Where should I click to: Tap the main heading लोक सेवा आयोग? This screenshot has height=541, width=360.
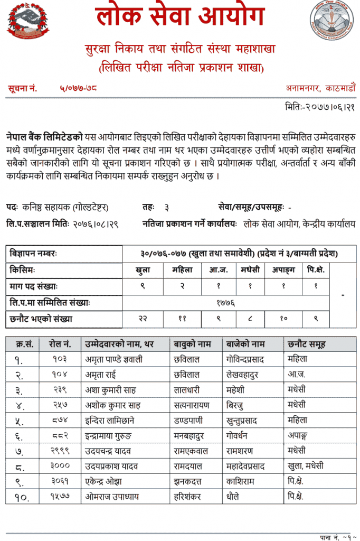[179, 17]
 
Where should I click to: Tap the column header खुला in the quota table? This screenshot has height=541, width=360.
[142, 270]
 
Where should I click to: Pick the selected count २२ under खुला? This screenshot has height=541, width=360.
[142, 319]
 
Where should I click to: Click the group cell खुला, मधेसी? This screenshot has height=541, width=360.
[305, 466]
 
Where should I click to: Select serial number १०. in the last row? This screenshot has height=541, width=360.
[22, 497]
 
